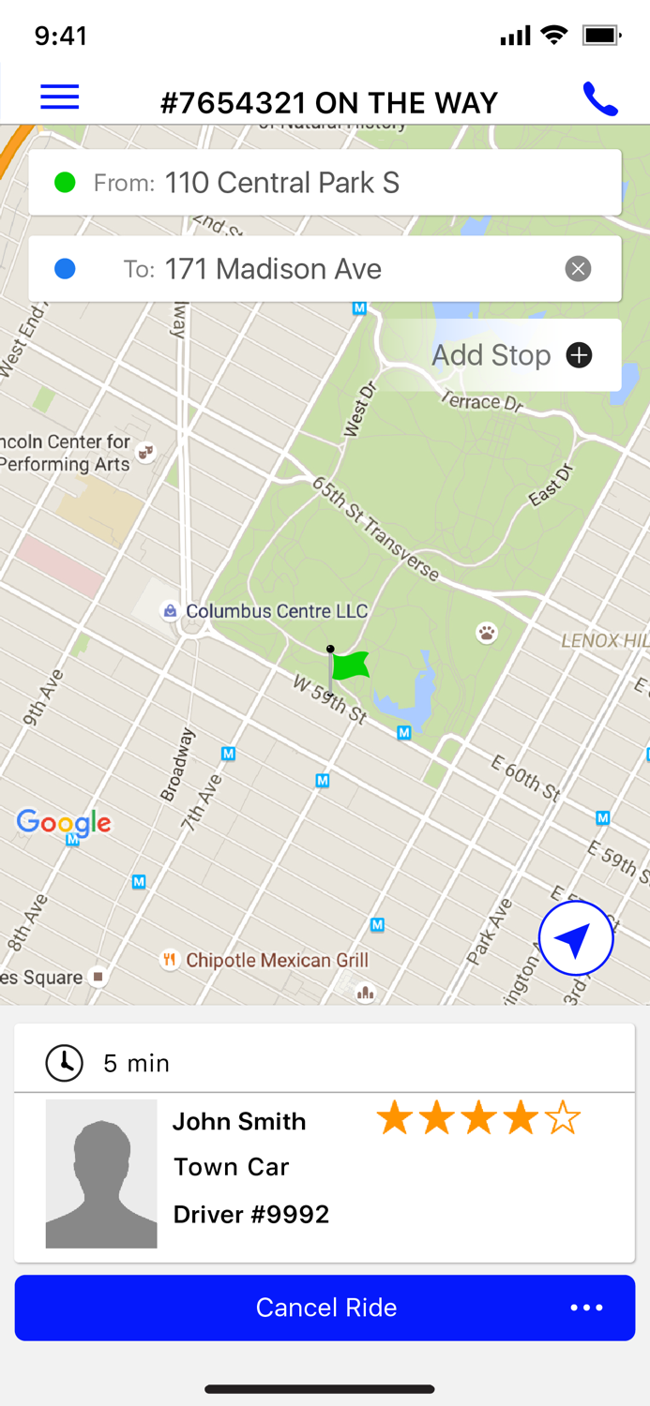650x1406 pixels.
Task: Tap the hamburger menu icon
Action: [59, 97]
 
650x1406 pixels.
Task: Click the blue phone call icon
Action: [600, 98]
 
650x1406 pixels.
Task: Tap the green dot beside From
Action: [65, 183]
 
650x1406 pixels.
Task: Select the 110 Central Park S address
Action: [281, 183]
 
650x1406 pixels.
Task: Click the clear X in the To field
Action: [578, 270]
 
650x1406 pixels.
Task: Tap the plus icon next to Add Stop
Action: [579, 355]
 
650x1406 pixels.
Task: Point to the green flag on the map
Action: [350, 666]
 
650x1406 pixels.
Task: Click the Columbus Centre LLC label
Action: [276, 611]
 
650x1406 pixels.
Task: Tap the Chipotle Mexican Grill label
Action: [277, 960]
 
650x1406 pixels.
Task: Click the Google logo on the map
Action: [64, 823]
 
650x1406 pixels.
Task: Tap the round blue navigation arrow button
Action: [576, 938]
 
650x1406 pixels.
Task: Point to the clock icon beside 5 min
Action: [65, 1062]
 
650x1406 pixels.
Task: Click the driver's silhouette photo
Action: [101, 1174]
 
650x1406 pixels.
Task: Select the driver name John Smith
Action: [239, 1121]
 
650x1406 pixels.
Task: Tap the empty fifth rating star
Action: [563, 1118]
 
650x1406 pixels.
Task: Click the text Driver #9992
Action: [251, 1215]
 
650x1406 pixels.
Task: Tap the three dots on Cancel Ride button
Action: [586, 1308]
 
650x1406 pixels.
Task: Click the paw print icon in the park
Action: [487, 634]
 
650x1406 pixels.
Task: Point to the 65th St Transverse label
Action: [376, 529]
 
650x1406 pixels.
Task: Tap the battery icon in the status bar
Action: [601, 36]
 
